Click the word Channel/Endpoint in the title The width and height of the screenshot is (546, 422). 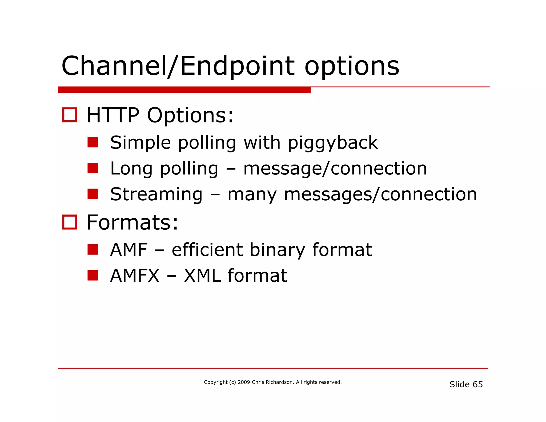coord(178,66)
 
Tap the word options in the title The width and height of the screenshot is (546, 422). coord(352,67)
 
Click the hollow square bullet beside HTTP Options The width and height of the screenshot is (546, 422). coord(70,115)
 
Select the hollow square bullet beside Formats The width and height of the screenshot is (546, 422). coord(70,222)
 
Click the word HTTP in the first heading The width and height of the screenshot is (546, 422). coord(113,115)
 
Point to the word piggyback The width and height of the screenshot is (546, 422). coord(332,143)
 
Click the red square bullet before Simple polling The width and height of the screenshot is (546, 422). coord(93,142)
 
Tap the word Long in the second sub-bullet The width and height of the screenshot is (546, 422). coord(131,169)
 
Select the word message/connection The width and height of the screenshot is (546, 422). coord(335,169)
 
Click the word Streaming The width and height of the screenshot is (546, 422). coord(156,194)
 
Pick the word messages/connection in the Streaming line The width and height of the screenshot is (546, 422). coord(380,194)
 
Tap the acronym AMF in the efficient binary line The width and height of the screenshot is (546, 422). coord(129,250)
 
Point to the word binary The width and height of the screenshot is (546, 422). coord(277,250)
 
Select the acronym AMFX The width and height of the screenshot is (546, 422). coord(135,276)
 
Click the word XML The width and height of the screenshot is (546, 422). coord(202,276)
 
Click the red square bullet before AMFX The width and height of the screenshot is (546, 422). coord(93,275)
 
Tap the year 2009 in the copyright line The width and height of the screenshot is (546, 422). coord(244,382)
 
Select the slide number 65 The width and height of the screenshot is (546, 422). coord(477,384)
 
